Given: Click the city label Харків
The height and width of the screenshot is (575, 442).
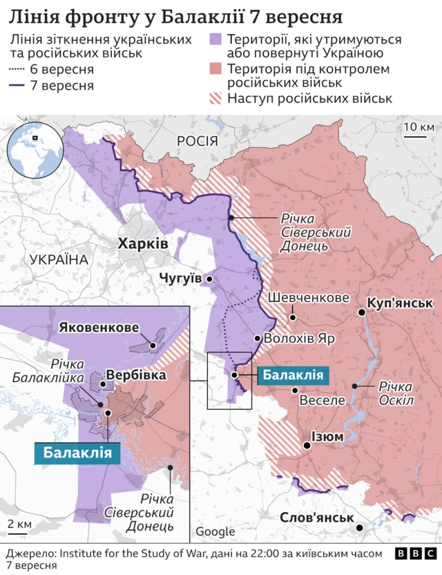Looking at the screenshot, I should pyautogui.click(x=142, y=244).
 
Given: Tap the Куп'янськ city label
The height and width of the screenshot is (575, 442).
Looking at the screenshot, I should pyautogui.click(x=400, y=303).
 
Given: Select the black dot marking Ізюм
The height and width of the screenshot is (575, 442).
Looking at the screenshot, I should pyautogui.click(x=307, y=446).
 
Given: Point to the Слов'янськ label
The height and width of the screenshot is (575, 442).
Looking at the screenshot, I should pyautogui.click(x=317, y=518).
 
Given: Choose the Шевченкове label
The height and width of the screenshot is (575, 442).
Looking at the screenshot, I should pyautogui.click(x=308, y=298).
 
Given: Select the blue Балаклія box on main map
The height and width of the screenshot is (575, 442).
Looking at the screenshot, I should pyautogui.click(x=293, y=375).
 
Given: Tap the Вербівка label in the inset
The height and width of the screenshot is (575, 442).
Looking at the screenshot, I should pyautogui.click(x=135, y=375).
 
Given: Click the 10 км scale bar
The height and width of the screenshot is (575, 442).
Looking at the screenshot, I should pyautogui.click(x=416, y=136).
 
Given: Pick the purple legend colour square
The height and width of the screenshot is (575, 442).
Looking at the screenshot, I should pyautogui.click(x=217, y=39).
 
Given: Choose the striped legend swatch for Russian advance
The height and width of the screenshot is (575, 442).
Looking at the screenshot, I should pyautogui.click(x=217, y=98).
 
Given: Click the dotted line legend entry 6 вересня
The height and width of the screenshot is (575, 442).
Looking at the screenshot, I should pyautogui.click(x=18, y=70).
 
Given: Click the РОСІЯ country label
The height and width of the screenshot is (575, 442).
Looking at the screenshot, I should pyautogui.click(x=198, y=142).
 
